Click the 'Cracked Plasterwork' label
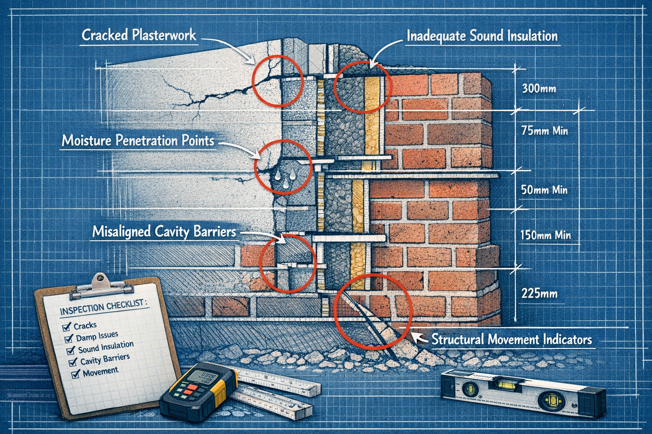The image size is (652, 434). (139, 35)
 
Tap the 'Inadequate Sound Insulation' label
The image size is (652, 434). (482, 36)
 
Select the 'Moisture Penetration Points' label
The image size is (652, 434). (138, 140)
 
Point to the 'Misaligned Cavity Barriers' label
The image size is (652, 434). (163, 232)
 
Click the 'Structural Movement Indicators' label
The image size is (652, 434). (511, 339)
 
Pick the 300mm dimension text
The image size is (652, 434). (539, 89)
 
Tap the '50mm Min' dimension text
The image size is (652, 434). (544, 190)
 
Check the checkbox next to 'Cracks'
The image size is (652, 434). (66, 327)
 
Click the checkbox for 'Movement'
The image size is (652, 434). (76, 374)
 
